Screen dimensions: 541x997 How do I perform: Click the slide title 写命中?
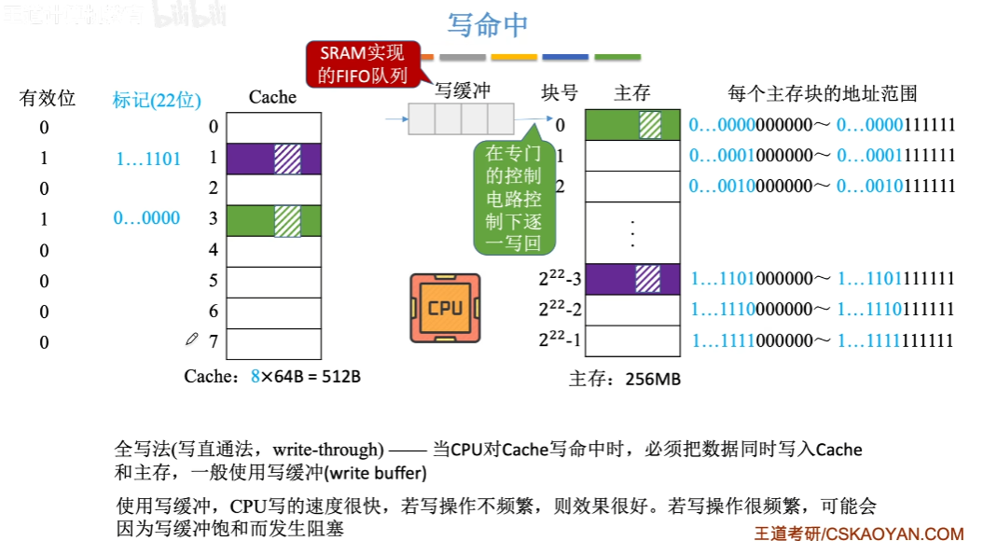pyautogui.click(x=488, y=25)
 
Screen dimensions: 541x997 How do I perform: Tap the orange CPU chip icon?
pyautogui.click(x=445, y=308)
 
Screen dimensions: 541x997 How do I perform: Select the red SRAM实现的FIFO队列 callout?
pyautogui.click(x=362, y=64)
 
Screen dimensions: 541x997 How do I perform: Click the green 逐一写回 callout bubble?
pyautogui.click(x=513, y=198)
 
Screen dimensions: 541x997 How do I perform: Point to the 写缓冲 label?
pyautogui.click(x=463, y=91)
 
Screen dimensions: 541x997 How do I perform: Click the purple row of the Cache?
pyautogui.click(x=273, y=159)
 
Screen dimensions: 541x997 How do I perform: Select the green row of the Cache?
pyautogui.click(x=273, y=220)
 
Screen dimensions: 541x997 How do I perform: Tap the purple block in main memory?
pyautogui.click(x=632, y=279)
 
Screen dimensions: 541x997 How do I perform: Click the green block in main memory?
pyautogui.click(x=632, y=125)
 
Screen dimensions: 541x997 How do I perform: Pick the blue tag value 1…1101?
pyautogui.click(x=148, y=160)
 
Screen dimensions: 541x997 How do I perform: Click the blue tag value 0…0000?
pyautogui.click(x=146, y=218)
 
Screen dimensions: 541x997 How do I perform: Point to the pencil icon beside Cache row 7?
pyautogui.click(x=192, y=340)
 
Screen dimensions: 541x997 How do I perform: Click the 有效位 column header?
pyautogui.click(x=48, y=98)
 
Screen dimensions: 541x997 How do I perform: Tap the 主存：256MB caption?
pyautogui.click(x=625, y=379)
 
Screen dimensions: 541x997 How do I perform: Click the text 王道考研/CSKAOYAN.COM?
pyautogui.click(x=858, y=534)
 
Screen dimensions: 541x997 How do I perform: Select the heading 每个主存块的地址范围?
pyautogui.click(x=823, y=93)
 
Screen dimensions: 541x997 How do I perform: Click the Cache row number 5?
pyautogui.click(x=214, y=280)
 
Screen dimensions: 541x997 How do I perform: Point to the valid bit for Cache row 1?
pyautogui.click(x=44, y=160)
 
